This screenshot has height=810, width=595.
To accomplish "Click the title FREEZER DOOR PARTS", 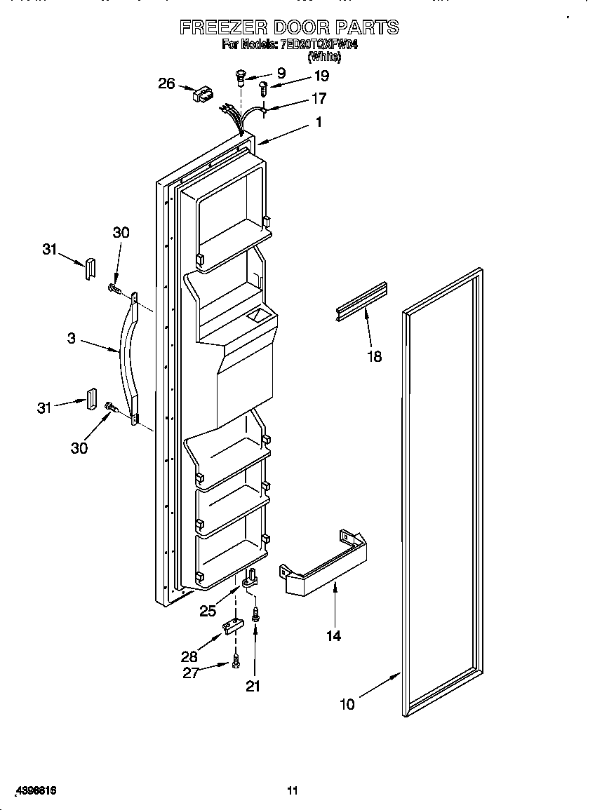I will tap(289, 27).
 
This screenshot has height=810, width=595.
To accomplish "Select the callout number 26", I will tap(166, 83).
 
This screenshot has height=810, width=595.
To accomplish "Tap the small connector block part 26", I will tap(203, 95).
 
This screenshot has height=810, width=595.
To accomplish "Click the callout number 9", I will tap(281, 72).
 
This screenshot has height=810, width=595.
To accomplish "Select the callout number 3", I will tap(72, 338).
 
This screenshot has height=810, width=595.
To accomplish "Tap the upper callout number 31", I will tap(49, 249).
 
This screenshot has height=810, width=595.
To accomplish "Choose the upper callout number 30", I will tap(121, 233).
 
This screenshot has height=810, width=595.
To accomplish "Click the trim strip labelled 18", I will tap(361, 300).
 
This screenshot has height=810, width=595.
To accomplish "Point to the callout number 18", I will tap(375, 356).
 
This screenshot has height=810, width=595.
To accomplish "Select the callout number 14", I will tap(333, 635).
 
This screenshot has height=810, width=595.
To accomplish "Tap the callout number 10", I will tap(347, 704).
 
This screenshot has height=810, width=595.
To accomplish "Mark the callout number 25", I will tap(208, 611).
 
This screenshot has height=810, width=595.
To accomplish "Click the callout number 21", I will tap(253, 687).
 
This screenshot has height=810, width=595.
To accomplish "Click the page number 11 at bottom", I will tap(293, 791).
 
